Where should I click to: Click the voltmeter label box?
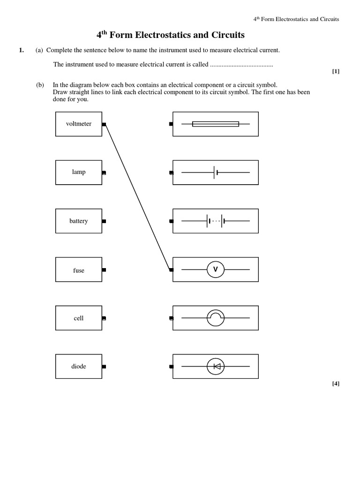pyautogui.click(x=79, y=124)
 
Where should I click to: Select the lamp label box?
pyautogui.click(x=79, y=172)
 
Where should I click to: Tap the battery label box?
pyautogui.click(x=79, y=221)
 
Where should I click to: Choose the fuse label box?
pyautogui.click(x=79, y=270)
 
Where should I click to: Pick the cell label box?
pyautogui.click(x=79, y=318)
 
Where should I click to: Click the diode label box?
pyautogui.click(x=79, y=366)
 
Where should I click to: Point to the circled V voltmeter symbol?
pyautogui.click(x=216, y=270)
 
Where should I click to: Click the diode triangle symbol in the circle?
pyautogui.click(x=216, y=367)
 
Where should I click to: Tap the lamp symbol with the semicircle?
pyautogui.click(x=216, y=318)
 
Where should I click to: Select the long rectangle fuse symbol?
pyautogui.click(x=216, y=124)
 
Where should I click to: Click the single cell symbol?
pyautogui.click(x=216, y=172)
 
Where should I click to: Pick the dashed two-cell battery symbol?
pyautogui.click(x=216, y=221)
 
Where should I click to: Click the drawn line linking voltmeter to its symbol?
pyautogui.click(x=137, y=197)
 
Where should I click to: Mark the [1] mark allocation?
pyautogui.click(x=335, y=71)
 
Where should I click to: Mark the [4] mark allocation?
pyautogui.click(x=335, y=383)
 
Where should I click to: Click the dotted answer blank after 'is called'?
pyautogui.click(x=241, y=65)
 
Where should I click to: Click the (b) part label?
pyautogui.click(x=40, y=85)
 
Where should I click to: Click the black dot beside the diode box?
pyautogui.click(x=104, y=367)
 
